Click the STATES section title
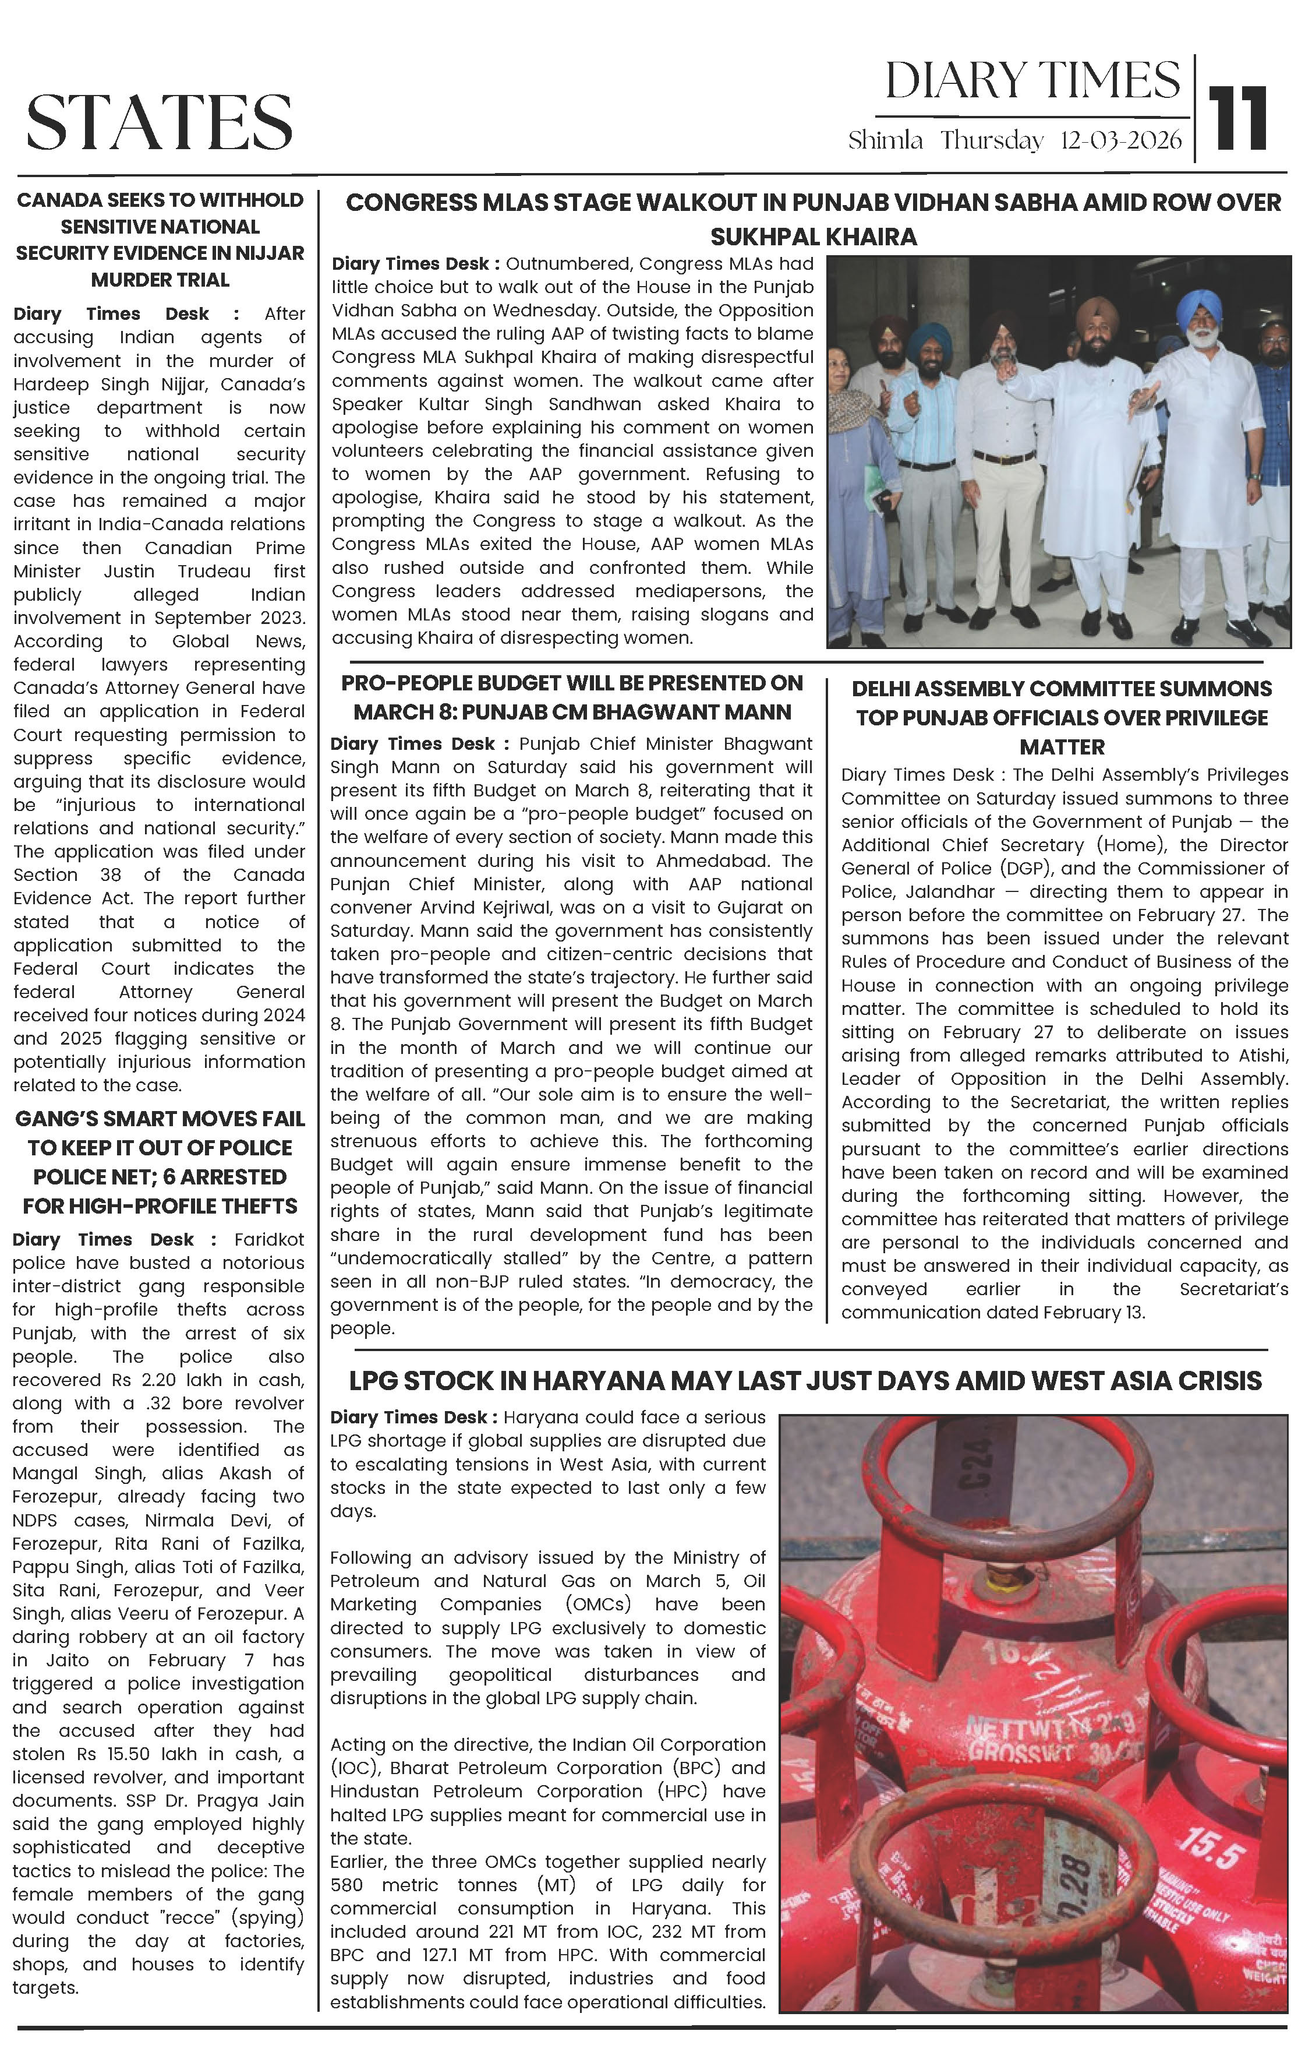(160, 122)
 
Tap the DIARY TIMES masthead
(1032, 82)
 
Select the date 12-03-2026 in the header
(1121, 141)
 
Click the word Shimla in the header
(885, 141)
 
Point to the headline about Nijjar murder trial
(160, 239)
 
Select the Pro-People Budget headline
(571, 697)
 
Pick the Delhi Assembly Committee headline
(1062, 718)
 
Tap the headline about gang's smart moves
(160, 1162)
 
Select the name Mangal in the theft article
(43, 1473)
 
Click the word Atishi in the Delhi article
(1264, 1056)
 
